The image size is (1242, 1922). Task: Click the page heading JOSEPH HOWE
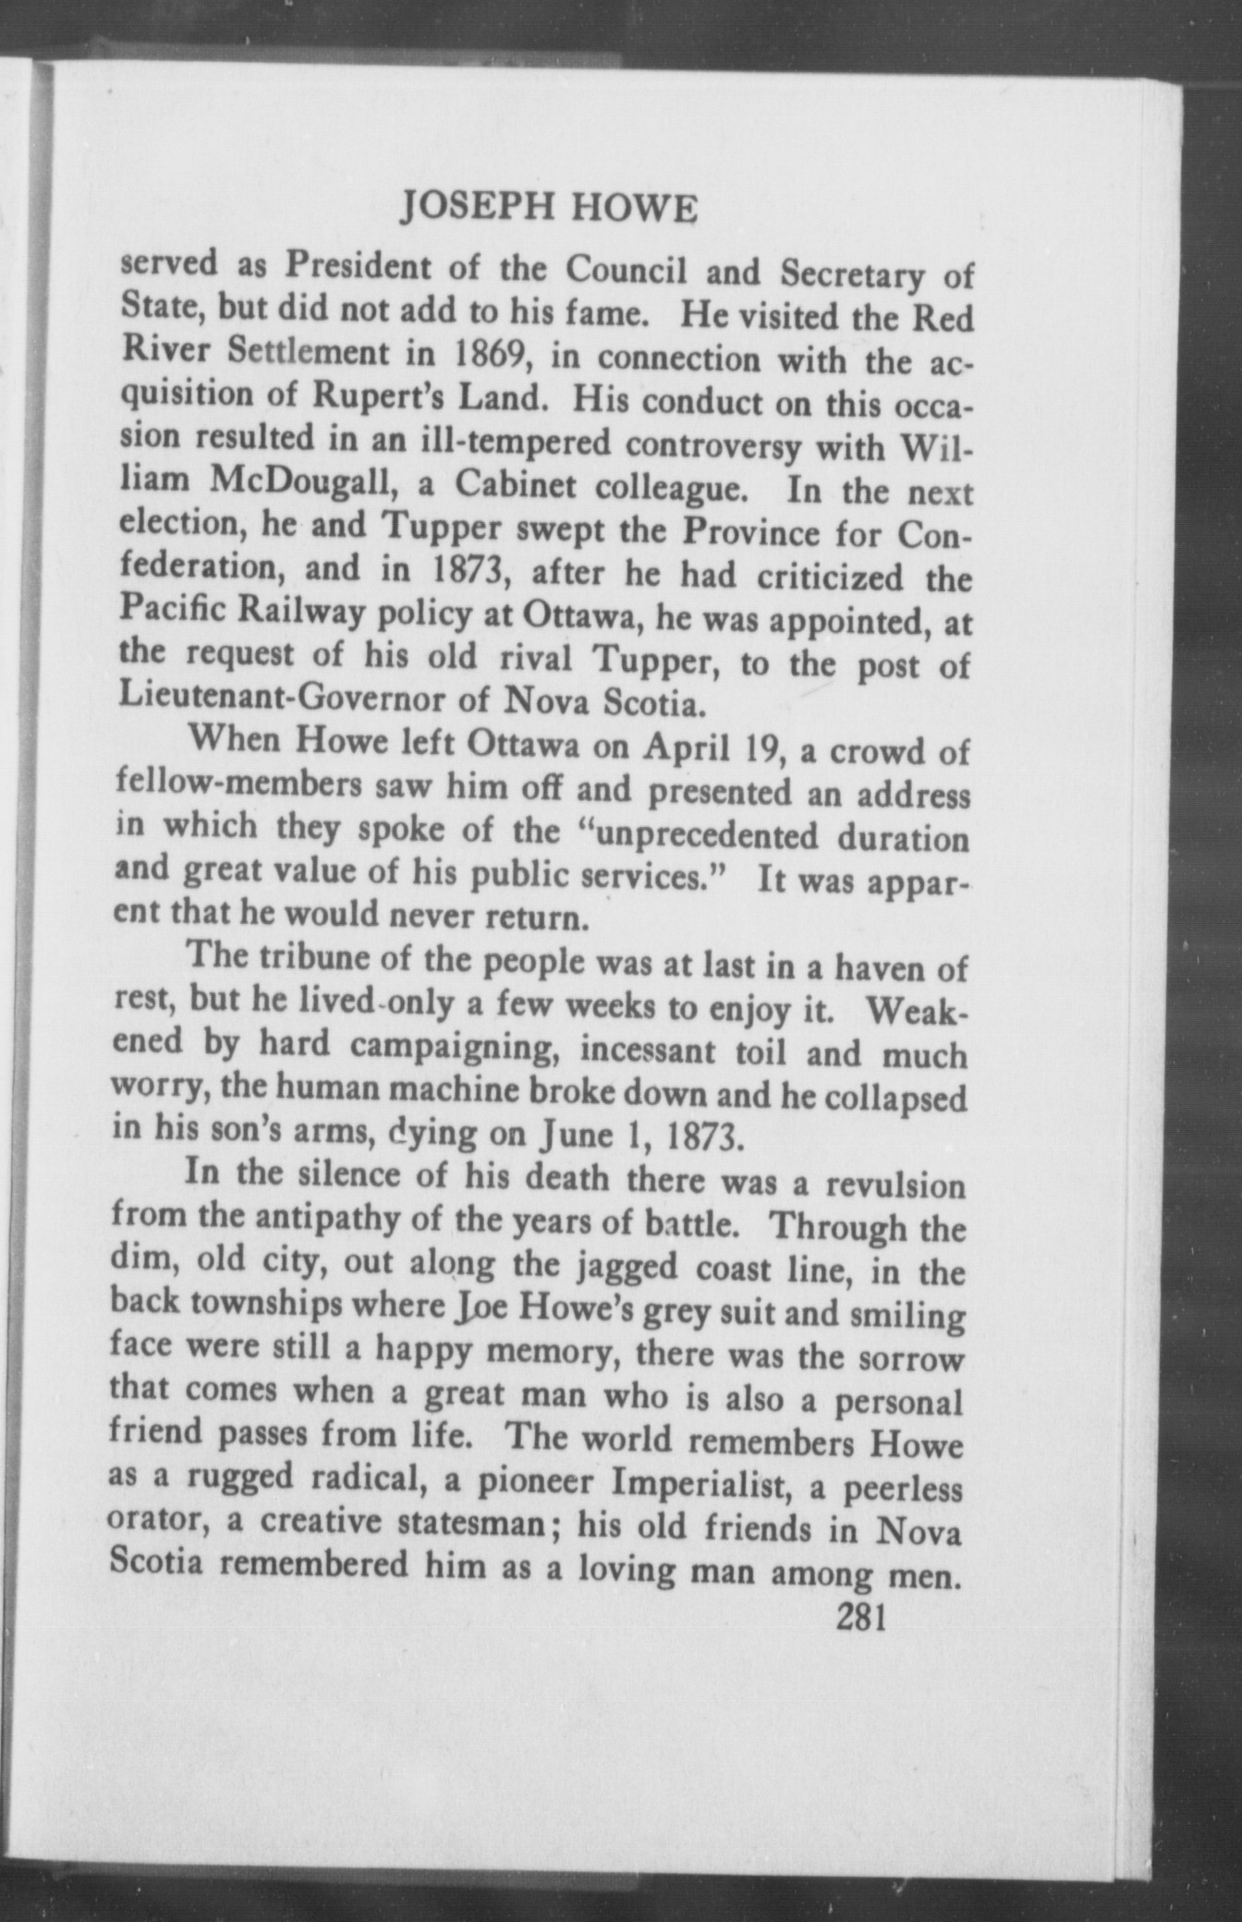coord(549,210)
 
